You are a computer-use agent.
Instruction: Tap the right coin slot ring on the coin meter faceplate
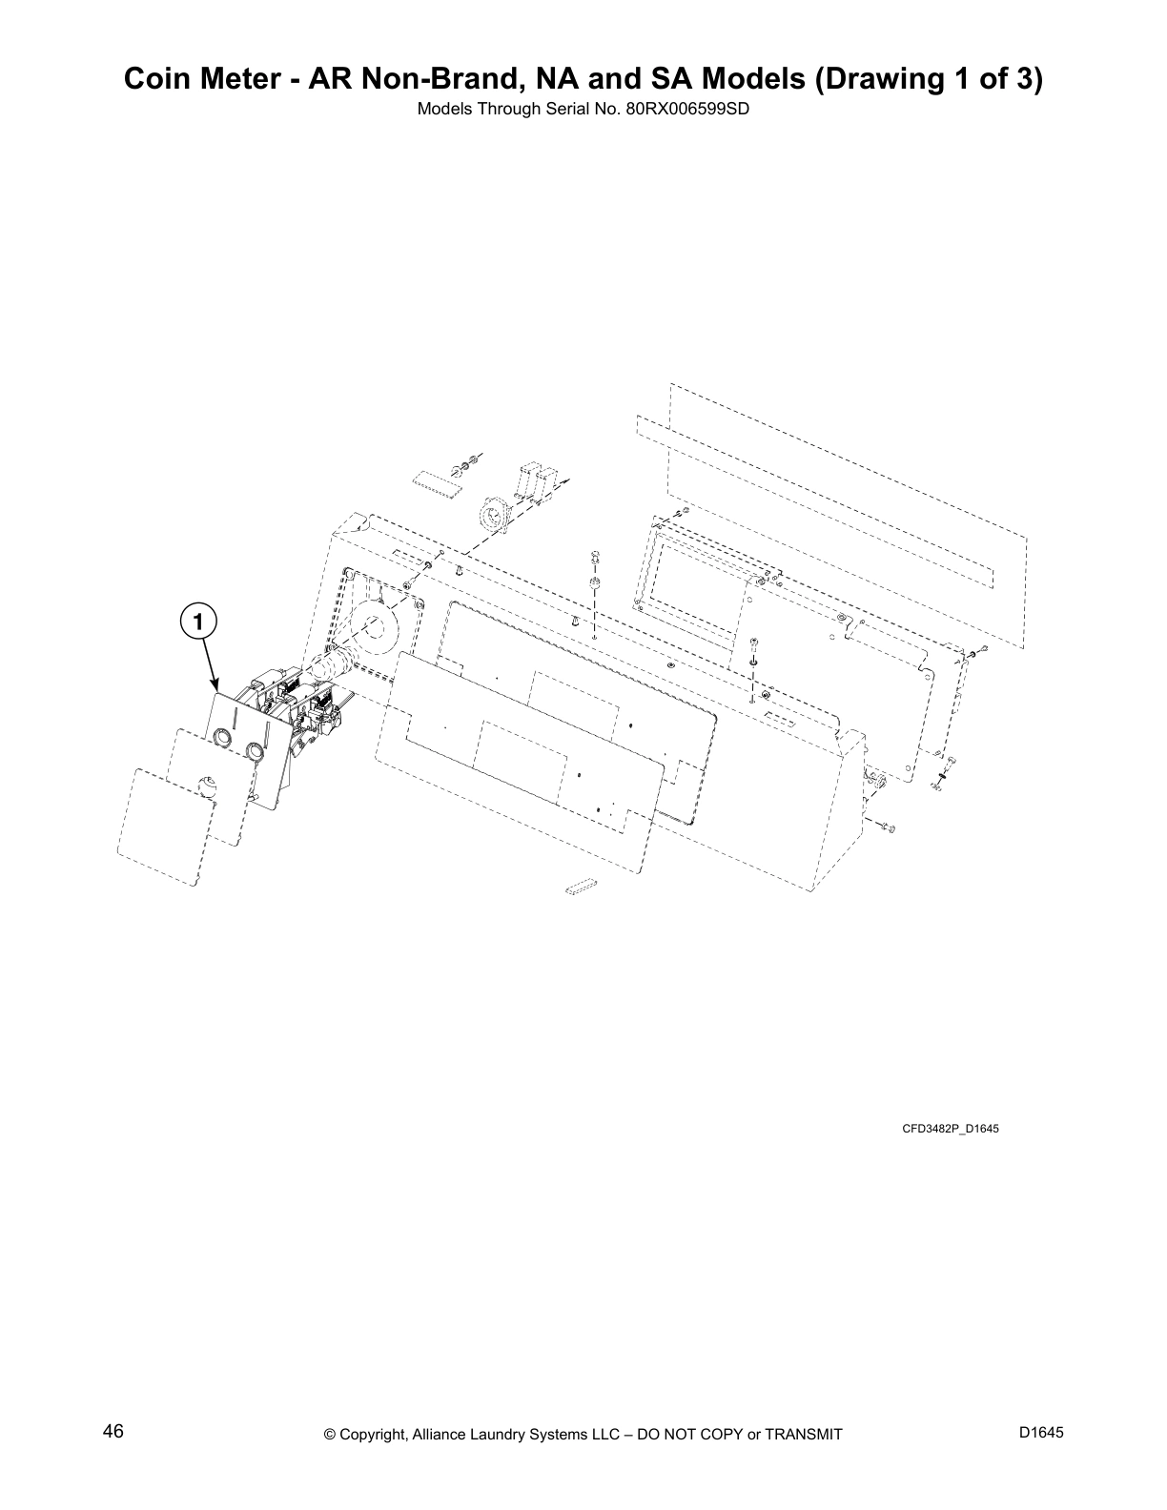pos(255,752)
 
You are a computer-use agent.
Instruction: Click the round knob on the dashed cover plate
pos(208,787)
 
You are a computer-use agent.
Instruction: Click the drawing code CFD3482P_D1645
pos(950,1130)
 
